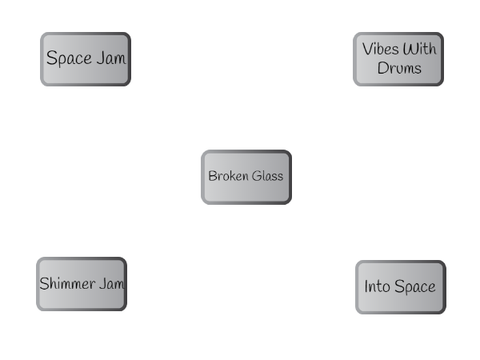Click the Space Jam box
(85, 59)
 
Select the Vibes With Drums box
(398, 59)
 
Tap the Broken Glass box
(246, 177)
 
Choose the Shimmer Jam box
(81, 284)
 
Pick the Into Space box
(401, 287)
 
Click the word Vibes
(380, 49)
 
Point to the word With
(419, 49)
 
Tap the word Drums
(399, 68)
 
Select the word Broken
(229, 176)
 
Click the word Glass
(268, 176)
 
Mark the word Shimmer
(67, 283)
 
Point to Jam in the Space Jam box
(112, 58)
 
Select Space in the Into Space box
(415, 287)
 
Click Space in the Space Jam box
(69, 59)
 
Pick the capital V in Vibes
(367, 49)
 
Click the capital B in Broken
(212, 176)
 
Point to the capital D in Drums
(382, 68)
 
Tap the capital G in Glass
(257, 176)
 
